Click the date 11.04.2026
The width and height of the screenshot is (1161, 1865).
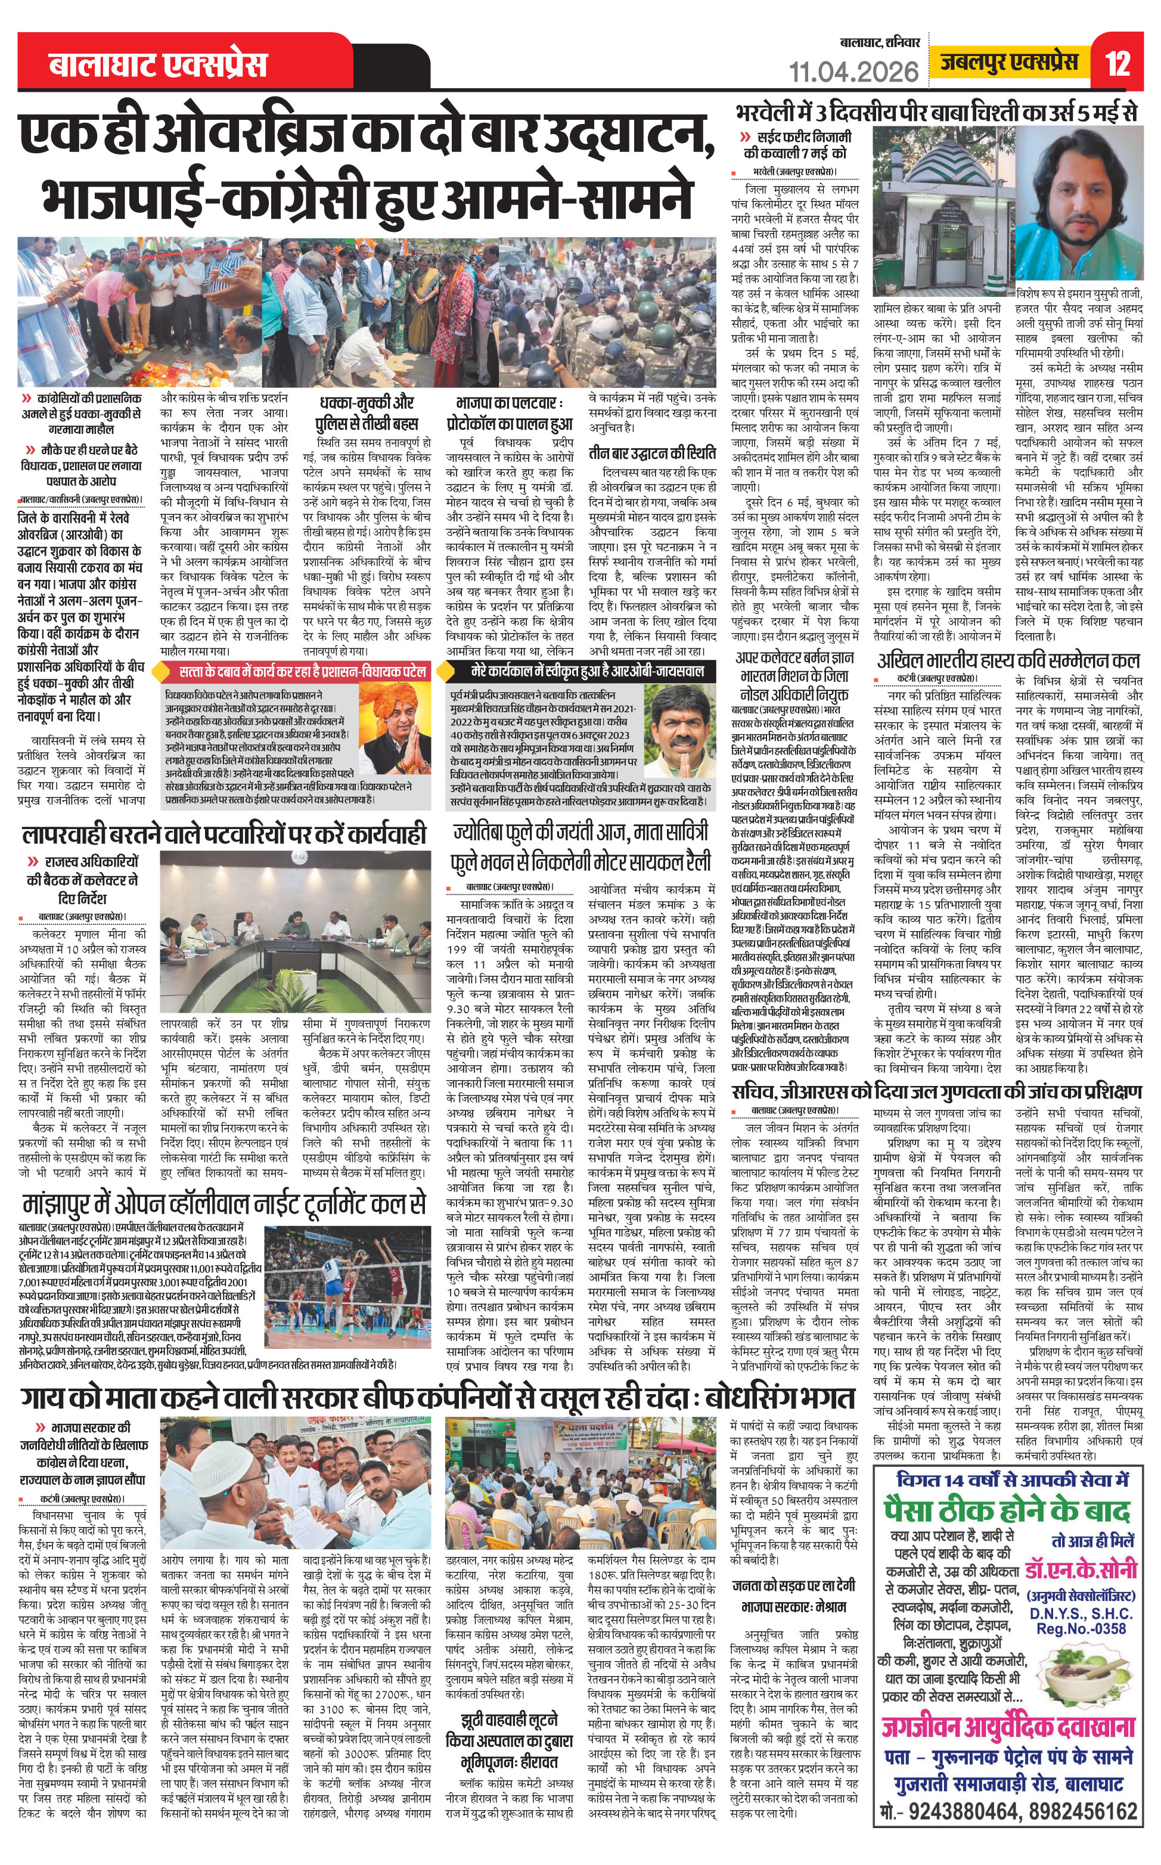pyautogui.click(x=854, y=72)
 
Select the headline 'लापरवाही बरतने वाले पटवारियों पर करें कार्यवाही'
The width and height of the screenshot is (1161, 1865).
pyautogui.click(x=223, y=834)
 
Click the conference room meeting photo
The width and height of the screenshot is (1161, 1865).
pyautogui.click(x=296, y=951)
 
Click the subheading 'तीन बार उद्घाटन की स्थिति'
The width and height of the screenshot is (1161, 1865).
pyautogui.click(x=652, y=452)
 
